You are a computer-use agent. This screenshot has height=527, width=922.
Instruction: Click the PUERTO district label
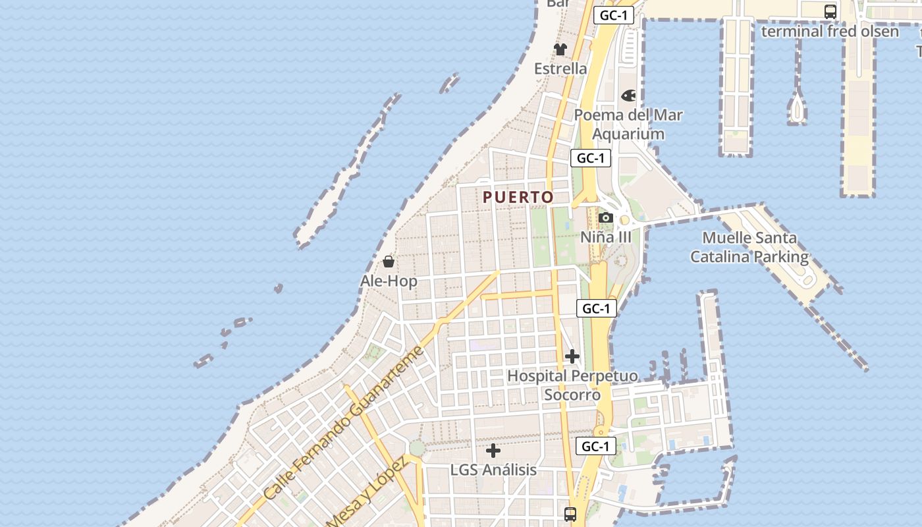pyautogui.click(x=518, y=197)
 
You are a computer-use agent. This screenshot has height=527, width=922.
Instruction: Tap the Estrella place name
pyautogui.click(x=560, y=69)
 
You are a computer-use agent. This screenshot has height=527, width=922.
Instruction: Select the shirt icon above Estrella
pyautogui.click(x=560, y=49)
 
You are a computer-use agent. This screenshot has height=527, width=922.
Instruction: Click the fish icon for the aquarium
pyautogui.click(x=629, y=96)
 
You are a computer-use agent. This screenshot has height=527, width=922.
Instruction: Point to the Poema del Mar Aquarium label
pyautogui.click(x=628, y=124)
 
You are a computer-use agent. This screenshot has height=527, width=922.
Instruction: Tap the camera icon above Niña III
pyautogui.click(x=606, y=217)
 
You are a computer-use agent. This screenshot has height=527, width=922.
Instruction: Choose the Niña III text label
pyautogui.click(x=606, y=237)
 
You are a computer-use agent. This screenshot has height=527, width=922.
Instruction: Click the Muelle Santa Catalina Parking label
pyautogui.click(x=749, y=247)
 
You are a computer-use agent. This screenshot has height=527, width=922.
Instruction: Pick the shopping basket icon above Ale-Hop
pyautogui.click(x=389, y=262)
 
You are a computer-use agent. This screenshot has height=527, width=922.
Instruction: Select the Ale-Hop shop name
pyautogui.click(x=389, y=281)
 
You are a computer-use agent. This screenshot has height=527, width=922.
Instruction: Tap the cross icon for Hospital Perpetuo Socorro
pyautogui.click(x=572, y=356)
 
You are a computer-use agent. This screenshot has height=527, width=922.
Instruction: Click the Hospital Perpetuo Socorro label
pyautogui.click(x=572, y=385)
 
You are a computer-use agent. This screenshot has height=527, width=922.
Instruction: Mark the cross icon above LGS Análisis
pyautogui.click(x=493, y=451)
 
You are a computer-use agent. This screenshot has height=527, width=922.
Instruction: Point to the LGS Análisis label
pyautogui.click(x=493, y=470)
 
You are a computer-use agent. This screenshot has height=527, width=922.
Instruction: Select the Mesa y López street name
pyautogui.click(x=366, y=491)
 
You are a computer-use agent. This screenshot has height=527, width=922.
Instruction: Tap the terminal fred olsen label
pyautogui.click(x=830, y=31)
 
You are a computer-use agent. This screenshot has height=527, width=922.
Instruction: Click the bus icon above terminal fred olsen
pyautogui.click(x=830, y=11)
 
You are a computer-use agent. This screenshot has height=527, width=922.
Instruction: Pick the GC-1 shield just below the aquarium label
pyautogui.click(x=591, y=158)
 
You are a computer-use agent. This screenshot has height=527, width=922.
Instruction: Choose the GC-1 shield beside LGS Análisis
pyautogui.click(x=596, y=446)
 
